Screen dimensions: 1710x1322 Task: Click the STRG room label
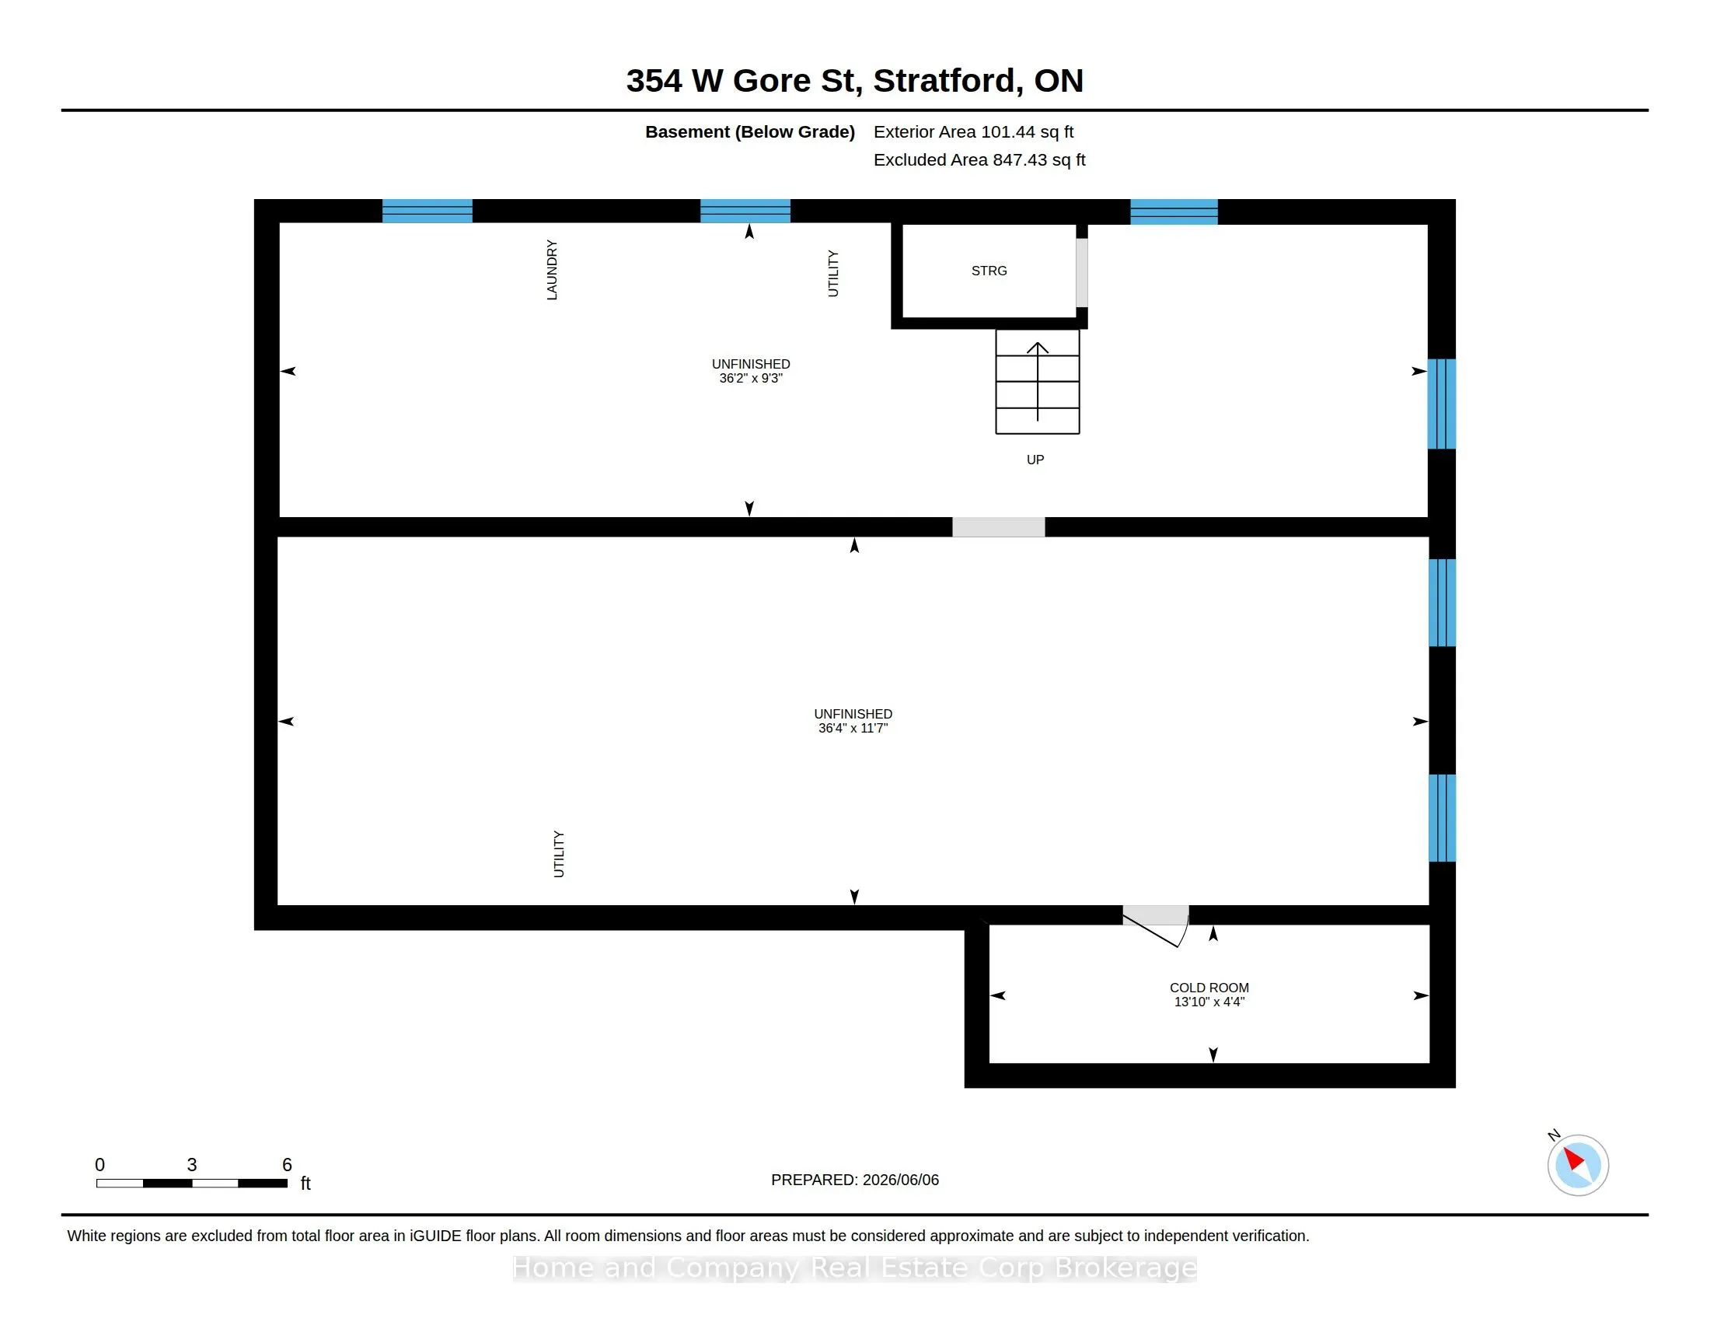coord(989,271)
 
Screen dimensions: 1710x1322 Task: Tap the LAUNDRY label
coord(552,270)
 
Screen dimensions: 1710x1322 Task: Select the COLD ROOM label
coord(1209,988)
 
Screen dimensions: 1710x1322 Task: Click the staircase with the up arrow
coord(1038,381)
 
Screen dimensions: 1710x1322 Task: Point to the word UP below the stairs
coord(1035,460)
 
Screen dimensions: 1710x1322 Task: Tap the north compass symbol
coord(1578,1165)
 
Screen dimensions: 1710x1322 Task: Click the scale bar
coord(192,1183)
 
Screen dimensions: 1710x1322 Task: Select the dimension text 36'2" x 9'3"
coord(751,378)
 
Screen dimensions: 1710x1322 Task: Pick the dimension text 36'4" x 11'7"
coord(853,729)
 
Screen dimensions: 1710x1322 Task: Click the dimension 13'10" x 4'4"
coord(1209,1002)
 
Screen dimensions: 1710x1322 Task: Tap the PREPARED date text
coord(855,1180)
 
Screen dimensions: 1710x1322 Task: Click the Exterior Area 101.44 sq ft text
coord(973,132)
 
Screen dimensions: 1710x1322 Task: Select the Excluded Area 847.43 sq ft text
coord(979,159)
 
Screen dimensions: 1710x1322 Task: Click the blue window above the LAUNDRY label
coord(427,212)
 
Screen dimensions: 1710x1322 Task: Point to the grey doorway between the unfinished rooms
coord(998,527)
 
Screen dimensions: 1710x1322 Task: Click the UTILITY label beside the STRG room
coord(833,273)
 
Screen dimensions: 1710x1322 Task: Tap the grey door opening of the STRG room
coord(1082,272)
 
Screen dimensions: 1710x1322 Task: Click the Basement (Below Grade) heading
coord(749,132)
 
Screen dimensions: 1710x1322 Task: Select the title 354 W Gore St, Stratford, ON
coord(855,81)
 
